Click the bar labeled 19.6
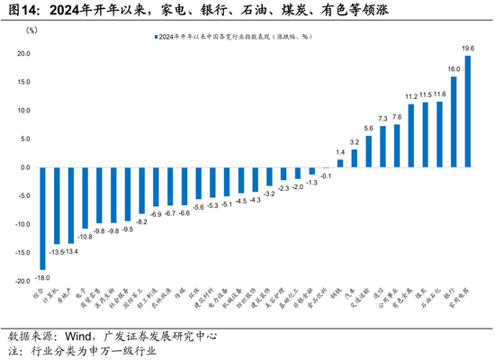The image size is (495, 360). pyautogui.click(x=467, y=112)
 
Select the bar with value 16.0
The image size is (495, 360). pyautogui.click(x=454, y=122)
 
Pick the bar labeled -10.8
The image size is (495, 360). pyautogui.click(x=85, y=198)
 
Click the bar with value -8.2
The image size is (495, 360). pyautogui.click(x=141, y=191)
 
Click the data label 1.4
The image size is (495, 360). pyautogui.click(x=340, y=153)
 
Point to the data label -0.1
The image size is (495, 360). pyautogui.click(x=326, y=175)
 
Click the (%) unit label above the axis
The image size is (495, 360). pyautogui.click(x=31, y=31)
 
